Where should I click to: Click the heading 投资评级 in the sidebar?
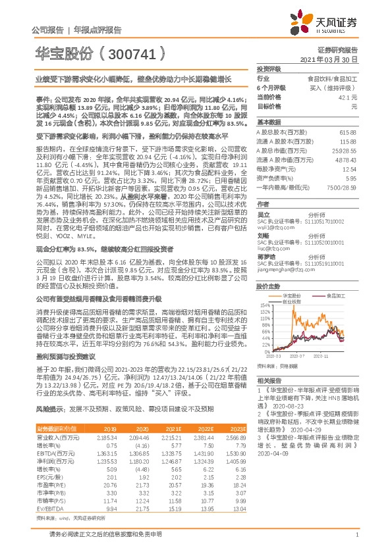(x=269, y=68)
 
